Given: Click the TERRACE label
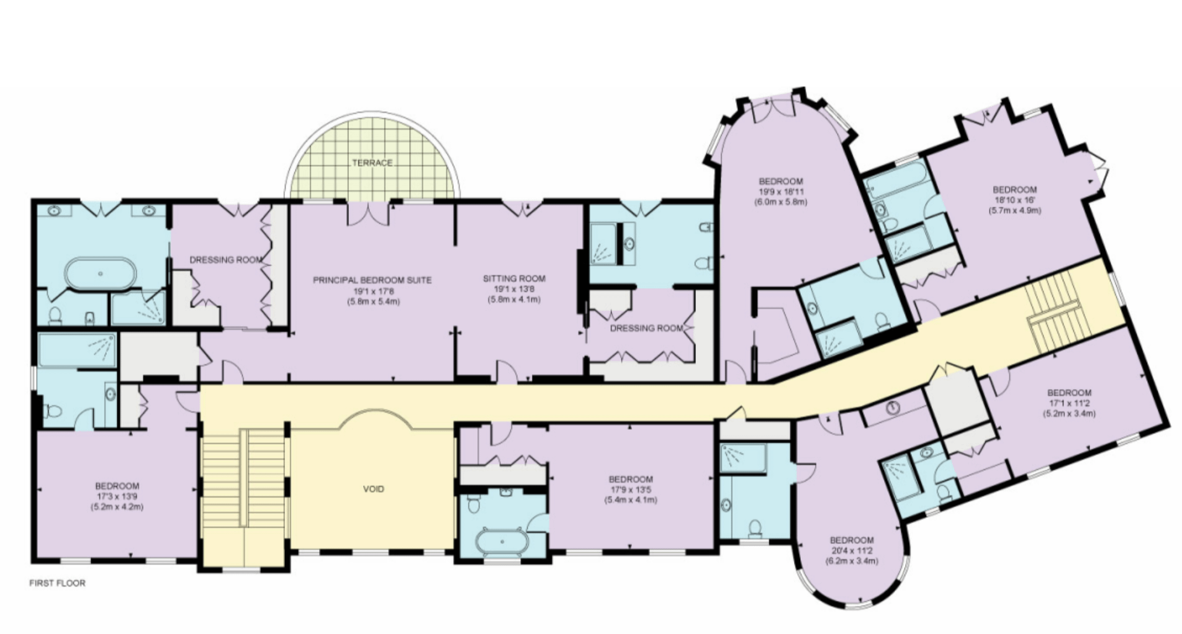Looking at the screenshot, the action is [372, 163].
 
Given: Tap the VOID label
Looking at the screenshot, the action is [373, 489].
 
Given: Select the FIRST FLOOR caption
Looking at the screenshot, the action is [57, 583].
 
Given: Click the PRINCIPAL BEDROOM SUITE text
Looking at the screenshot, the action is [372, 280].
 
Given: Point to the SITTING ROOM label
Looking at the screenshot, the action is [514, 279].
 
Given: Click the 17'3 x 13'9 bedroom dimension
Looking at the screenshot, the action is [117, 496].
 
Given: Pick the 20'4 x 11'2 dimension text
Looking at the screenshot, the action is [852, 550].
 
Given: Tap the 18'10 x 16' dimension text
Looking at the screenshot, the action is [1014, 200].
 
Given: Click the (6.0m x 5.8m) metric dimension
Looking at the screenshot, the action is [781, 202].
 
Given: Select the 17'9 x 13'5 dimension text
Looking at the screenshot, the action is [631, 489].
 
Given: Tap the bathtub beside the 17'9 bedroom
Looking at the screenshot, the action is [502, 541].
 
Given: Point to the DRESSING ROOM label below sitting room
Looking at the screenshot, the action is [646, 328].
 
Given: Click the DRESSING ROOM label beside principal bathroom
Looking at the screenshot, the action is [226, 260].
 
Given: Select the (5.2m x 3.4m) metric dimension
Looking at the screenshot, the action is [1069, 413].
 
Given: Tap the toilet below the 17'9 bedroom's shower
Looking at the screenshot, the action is [755, 527].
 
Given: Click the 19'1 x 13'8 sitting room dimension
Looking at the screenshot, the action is [514, 289].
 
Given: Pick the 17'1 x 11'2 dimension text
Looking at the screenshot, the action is [1069, 403].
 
